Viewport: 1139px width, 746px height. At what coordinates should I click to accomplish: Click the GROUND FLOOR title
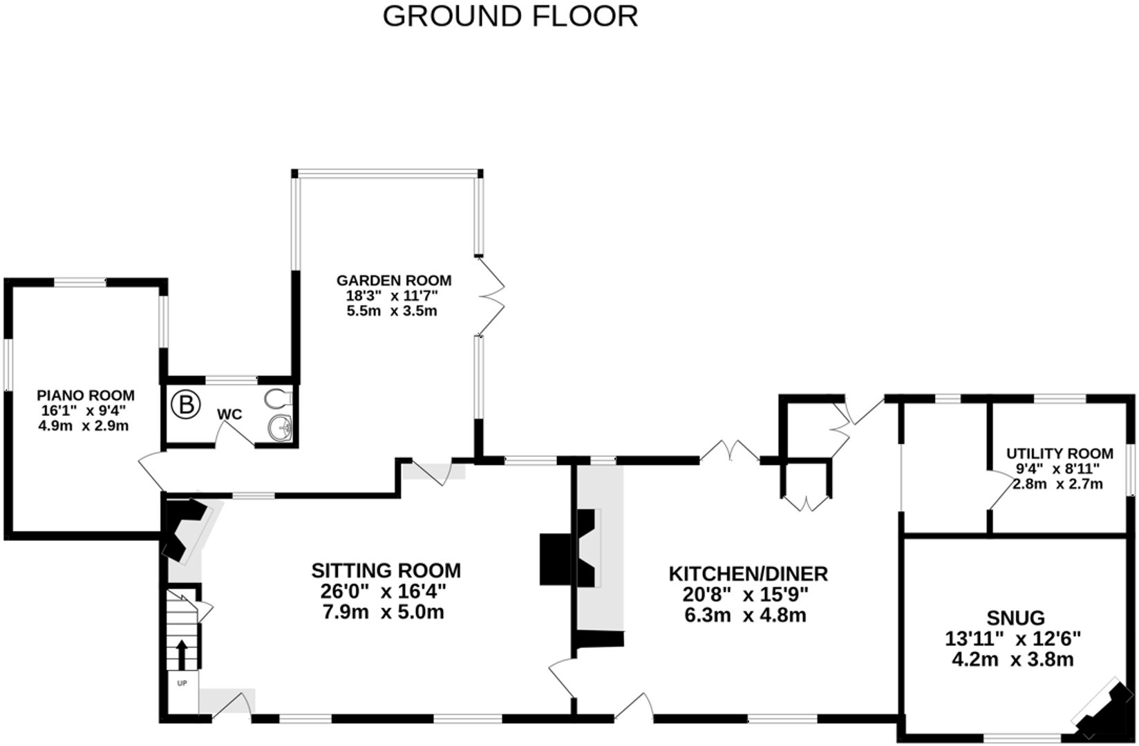tap(510, 17)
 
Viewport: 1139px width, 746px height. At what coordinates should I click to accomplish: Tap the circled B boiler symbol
tap(186, 405)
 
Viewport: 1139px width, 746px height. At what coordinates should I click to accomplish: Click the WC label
tap(229, 414)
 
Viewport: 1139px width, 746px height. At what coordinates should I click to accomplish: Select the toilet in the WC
tap(279, 399)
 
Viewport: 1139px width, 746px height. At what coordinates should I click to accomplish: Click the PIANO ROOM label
tap(85, 396)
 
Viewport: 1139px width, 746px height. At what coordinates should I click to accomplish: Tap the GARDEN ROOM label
tap(394, 280)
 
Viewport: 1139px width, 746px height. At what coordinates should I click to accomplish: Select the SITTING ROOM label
tap(386, 571)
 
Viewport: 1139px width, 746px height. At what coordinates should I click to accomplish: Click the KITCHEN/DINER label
tap(748, 573)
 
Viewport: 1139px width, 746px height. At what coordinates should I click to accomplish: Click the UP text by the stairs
tap(182, 683)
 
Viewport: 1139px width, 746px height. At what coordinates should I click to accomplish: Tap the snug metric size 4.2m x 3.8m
tap(1013, 660)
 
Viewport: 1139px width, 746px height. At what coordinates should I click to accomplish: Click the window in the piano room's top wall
tap(80, 282)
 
